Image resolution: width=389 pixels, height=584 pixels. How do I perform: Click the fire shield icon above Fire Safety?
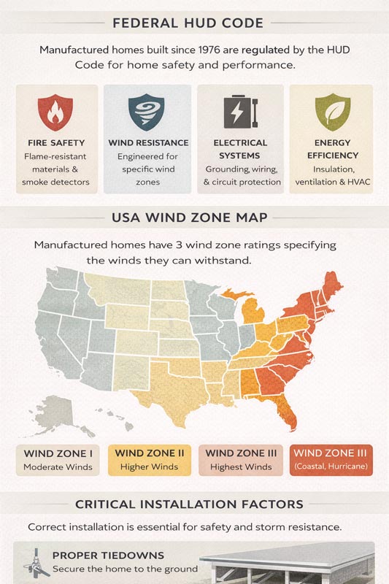[56, 112]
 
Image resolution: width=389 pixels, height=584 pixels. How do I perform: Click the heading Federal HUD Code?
[194, 23]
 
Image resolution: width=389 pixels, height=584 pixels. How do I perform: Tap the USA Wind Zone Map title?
[194, 217]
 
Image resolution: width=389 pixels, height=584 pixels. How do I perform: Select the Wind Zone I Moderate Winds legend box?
[58, 460]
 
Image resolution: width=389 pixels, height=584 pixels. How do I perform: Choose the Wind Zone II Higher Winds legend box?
[150, 460]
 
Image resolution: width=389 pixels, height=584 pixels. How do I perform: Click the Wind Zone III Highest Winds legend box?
[240, 460]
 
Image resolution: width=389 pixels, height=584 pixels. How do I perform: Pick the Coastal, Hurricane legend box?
[332, 460]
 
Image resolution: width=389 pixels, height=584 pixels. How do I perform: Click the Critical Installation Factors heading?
[194, 504]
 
